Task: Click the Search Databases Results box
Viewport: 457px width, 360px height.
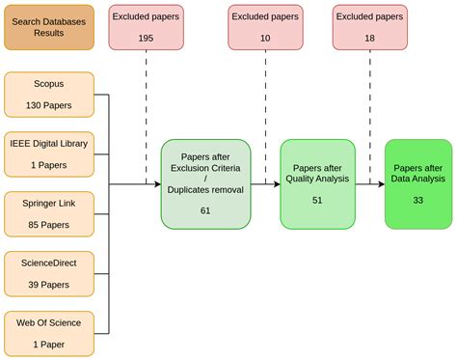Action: point(49,26)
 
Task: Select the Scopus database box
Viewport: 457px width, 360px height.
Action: point(49,95)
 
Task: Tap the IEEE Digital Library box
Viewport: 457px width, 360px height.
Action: point(49,154)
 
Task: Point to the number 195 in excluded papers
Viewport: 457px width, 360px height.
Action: point(146,37)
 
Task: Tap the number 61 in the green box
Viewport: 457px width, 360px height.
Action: point(205,209)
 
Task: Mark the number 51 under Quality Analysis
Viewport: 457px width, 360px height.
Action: point(317,200)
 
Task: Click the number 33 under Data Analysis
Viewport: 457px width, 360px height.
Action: point(417,200)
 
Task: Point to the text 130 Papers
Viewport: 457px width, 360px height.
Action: point(49,104)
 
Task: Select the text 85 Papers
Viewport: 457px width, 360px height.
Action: point(49,225)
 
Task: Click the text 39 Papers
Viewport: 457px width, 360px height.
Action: point(49,285)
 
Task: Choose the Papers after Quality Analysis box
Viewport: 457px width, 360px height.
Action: point(317,183)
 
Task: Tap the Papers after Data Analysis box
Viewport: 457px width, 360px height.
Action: point(417,183)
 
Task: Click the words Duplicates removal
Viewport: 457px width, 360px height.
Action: point(205,190)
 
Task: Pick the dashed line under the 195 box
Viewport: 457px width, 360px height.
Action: point(146,116)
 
